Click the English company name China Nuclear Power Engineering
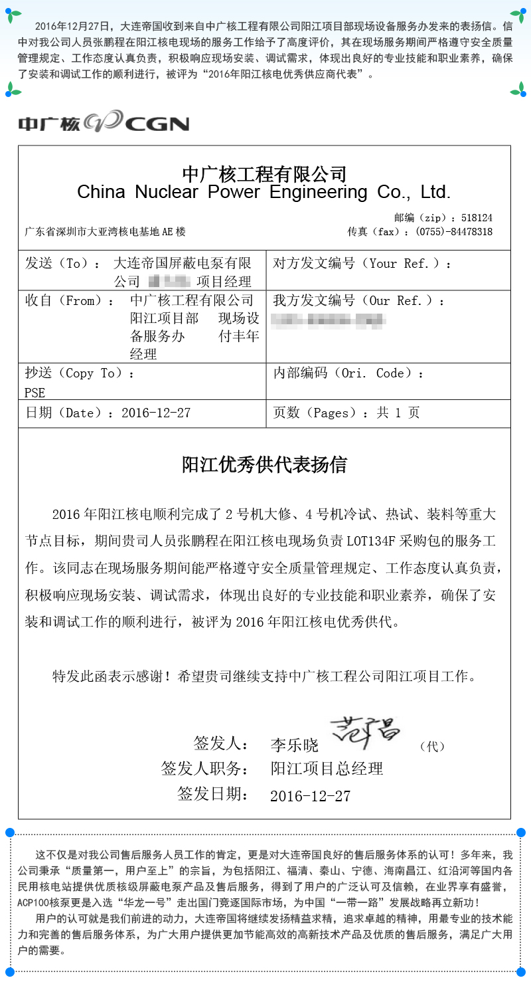264,193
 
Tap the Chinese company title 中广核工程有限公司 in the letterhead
264,174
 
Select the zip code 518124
477,218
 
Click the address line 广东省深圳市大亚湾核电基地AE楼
105,232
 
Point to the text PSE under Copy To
35,393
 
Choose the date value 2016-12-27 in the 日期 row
156,413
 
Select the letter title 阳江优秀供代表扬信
264,465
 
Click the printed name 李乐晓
294,745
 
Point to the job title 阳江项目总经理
327,769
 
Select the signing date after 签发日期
311,796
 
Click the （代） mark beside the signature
432,746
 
